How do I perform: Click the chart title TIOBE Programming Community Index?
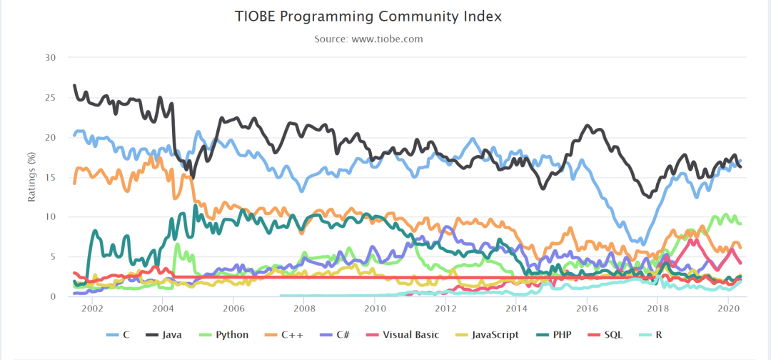coord(368,16)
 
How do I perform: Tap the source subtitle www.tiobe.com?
coord(387,39)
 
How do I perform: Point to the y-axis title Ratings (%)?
coord(32,177)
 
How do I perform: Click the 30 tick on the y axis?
coord(51,58)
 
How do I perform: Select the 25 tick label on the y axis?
coord(51,97)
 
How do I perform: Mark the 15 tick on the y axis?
coord(51,177)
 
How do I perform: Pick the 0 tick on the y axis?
coord(53,296)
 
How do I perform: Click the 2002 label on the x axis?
coord(91,309)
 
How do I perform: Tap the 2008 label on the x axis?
coord(303,309)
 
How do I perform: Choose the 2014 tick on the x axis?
coord(515,309)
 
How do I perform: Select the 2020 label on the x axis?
coord(727,309)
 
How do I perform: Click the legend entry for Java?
coord(163,335)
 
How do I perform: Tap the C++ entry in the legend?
coord(279,335)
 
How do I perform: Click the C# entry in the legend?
coord(333,335)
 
